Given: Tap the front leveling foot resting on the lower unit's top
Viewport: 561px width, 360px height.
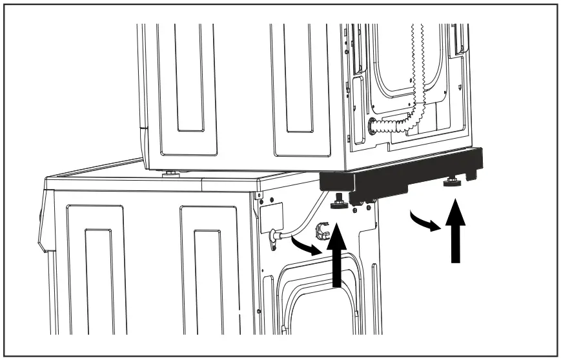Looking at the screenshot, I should pos(170,172).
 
